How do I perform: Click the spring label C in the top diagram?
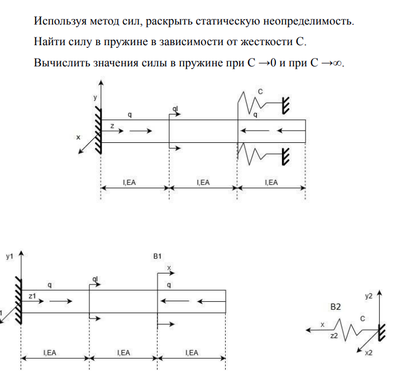tap(260, 90)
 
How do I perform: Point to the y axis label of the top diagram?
tap(95, 97)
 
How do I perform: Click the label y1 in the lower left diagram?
tap(9, 257)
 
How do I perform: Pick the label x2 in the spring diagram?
tap(368, 353)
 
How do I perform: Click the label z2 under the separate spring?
tap(333, 335)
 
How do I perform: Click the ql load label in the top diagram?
tap(175, 108)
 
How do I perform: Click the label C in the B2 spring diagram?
tap(362, 319)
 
